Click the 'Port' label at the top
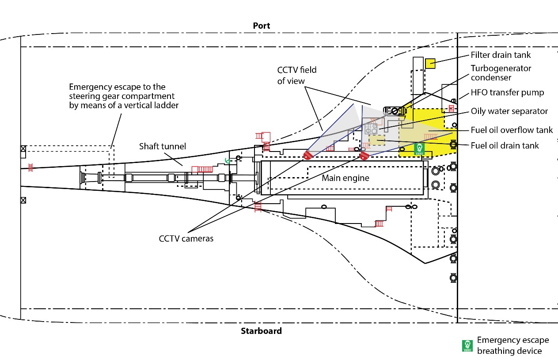coord(261,26)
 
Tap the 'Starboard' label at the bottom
coord(261,330)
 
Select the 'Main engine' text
coord(345,178)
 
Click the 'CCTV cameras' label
coord(186,239)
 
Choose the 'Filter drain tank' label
coord(501,55)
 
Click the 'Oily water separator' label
coord(509,111)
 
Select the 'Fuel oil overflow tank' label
coord(512,130)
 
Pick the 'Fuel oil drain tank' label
coord(505,145)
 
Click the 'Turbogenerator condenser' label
coord(501,73)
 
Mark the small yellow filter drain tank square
coord(430,64)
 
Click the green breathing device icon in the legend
coord(467,346)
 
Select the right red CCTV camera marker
coord(364,155)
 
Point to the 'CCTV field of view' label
coord(297,75)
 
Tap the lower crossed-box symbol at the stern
coord(23,200)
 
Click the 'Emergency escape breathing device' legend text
coord(512,345)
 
